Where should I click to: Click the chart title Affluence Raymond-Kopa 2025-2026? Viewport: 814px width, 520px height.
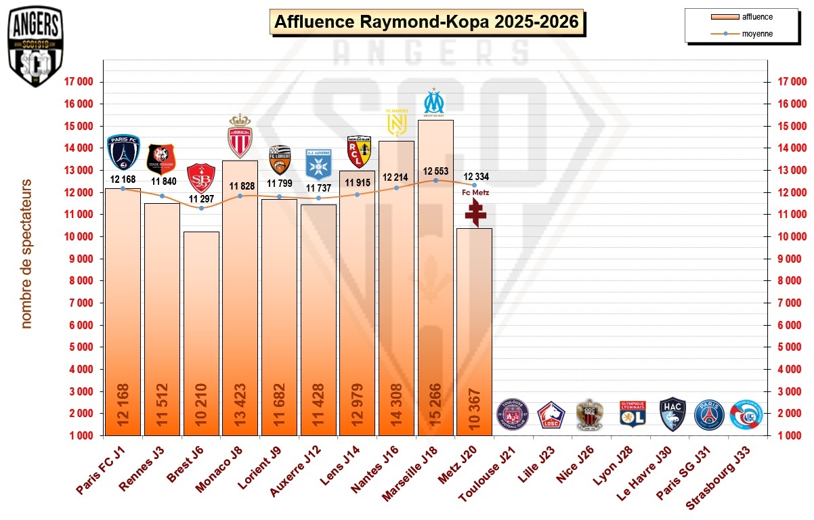coord(427,22)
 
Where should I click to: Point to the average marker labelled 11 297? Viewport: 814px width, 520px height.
coord(201,208)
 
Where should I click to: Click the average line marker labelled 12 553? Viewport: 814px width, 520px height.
coord(435,180)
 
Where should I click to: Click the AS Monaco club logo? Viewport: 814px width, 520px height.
coord(240,136)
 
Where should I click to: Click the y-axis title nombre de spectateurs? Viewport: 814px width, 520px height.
coord(26,254)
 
